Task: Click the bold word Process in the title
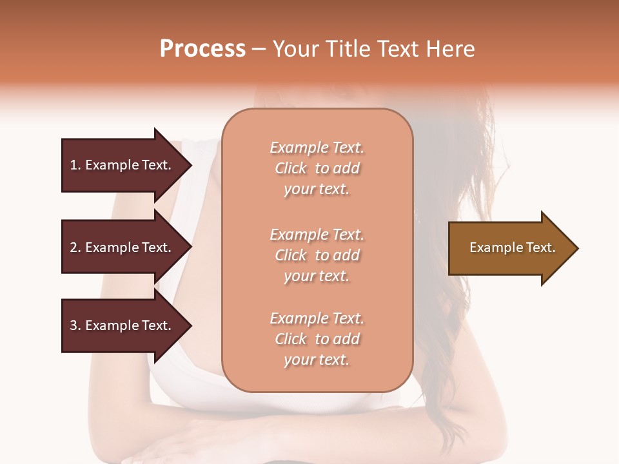click(202, 49)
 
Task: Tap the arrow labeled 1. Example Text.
click(123, 165)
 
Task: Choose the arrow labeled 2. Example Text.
click(123, 247)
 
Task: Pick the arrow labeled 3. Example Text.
click(123, 325)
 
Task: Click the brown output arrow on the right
click(509, 248)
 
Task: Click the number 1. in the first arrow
click(75, 165)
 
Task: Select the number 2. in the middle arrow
click(75, 247)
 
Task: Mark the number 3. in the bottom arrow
click(75, 325)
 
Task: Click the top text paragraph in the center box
click(317, 168)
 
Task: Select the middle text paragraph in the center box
click(317, 255)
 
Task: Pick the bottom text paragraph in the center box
click(317, 339)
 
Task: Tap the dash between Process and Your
click(259, 49)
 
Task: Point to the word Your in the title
click(294, 49)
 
